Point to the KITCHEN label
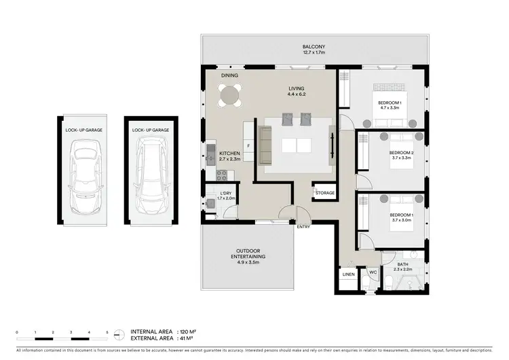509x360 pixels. [229, 154]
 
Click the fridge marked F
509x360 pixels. [248, 146]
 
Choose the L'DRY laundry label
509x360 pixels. [225, 194]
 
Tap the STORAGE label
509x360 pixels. [324, 193]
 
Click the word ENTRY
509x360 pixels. [303, 226]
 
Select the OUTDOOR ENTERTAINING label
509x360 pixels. [248, 253]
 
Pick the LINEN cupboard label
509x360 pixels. [348, 274]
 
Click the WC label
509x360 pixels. [373, 274]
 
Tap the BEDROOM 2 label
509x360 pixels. [401, 153]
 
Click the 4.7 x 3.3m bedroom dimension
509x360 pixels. [391, 107]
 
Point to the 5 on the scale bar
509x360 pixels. [107, 331]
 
